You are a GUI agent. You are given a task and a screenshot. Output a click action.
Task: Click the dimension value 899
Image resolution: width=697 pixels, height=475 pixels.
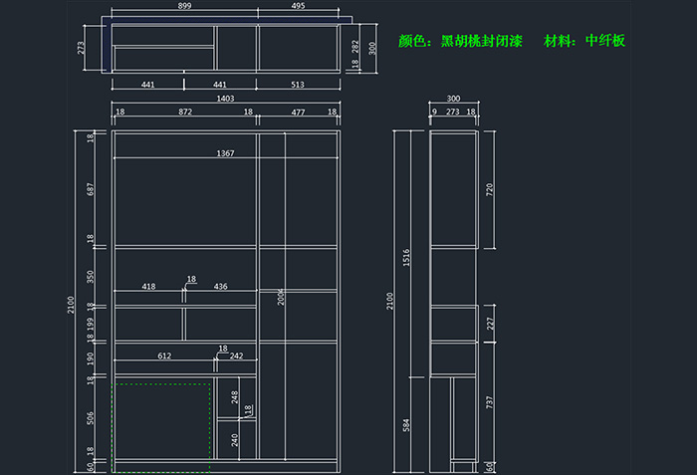click(x=185, y=6)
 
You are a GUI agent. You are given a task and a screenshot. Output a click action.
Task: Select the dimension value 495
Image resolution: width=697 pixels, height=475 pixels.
click(x=299, y=6)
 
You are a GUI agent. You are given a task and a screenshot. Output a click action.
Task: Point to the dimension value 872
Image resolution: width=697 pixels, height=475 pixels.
click(x=185, y=114)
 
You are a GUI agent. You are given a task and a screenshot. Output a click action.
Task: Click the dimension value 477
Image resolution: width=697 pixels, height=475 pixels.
click(x=299, y=114)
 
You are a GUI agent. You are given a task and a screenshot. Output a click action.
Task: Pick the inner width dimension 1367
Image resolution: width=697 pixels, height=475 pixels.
click(x=225, y=152)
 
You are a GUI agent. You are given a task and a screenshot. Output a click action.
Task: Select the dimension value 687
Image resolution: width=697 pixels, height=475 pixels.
click(x=90, y=189)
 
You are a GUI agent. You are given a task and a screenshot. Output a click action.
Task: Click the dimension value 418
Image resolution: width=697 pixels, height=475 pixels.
click(x=148, y=287)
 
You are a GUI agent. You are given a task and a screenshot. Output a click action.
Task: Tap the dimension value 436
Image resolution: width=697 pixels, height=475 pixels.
click(x=220, y=287)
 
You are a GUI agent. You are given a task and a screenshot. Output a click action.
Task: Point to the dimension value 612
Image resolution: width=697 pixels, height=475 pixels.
click(x=164, y=356)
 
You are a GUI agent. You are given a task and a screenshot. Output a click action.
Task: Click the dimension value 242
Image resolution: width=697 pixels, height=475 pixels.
click(x=236, y=356)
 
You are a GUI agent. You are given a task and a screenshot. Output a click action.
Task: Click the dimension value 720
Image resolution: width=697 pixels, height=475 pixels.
click(x=489, y=189)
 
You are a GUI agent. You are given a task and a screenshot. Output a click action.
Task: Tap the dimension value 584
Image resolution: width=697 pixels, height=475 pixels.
click(x=406, y=425)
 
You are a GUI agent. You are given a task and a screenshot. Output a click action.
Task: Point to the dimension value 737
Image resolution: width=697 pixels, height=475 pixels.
click(x=489, y=402)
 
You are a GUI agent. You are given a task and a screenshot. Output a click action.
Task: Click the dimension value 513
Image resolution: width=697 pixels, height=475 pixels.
click(x=299, y=86)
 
